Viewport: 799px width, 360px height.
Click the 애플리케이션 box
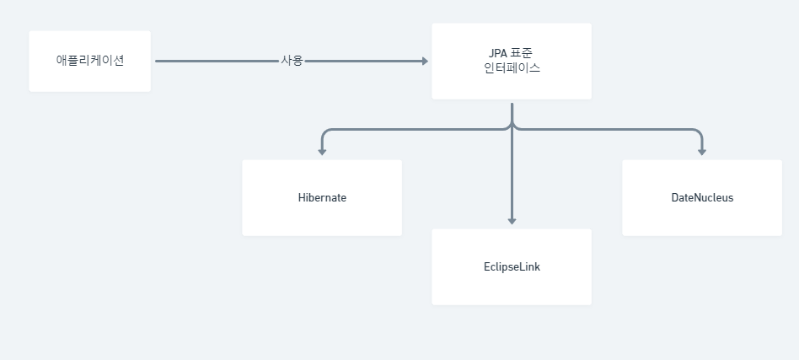click(x=89, y=61)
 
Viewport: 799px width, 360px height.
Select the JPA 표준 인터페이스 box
click(x=511, y=61)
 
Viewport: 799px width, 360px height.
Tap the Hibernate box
click(x=321, y=198)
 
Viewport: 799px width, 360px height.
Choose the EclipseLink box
click(x=511, y=266)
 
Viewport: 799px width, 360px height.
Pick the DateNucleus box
click(x=702, y=198)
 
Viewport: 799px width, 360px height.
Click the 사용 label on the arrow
click(x=292, y=61)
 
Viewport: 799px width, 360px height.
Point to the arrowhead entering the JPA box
click(x=425, y=61)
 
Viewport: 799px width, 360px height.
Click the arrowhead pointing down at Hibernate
click(x=322, y=152)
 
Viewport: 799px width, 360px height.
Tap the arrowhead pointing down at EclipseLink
click(x=512, y=221)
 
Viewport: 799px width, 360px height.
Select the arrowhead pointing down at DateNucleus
click(x=702, y=152)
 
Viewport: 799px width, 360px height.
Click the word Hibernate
click(x=322, y=198)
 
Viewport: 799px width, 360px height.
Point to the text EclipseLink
click(x=512, y=266)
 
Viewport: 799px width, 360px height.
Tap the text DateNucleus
click(x=702, y=198)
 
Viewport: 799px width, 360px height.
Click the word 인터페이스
click(x=512, y=69)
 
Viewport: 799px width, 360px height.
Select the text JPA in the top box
click(x=499, y=53)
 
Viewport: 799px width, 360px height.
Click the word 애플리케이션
click(x=89, y=61)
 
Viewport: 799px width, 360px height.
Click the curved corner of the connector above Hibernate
click(x=325, y=132)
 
